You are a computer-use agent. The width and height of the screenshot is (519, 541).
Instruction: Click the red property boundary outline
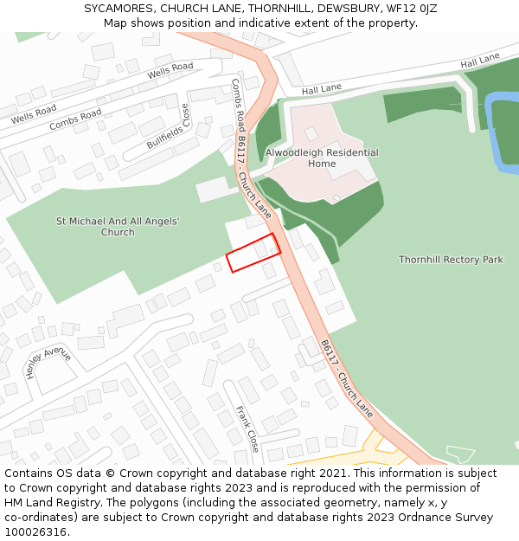click(x=253, y=252)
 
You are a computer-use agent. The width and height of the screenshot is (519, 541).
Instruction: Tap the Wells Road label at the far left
click(x=34, y=113)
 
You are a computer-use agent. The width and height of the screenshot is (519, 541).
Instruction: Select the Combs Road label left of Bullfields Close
click(x=75, y=119)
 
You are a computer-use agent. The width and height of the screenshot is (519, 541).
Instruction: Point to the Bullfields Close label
click(x=168, y=126)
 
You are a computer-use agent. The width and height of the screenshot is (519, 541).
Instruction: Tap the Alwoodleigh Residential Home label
click(x=322, y=158)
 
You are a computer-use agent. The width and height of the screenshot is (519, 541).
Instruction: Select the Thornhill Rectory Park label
click(x=451, y=260)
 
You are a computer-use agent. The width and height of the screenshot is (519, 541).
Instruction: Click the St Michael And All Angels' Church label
click(x=118, y=227)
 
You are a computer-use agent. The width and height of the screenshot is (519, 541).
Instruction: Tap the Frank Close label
click(x=247, y=430)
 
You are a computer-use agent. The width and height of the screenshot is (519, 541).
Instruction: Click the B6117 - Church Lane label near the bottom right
click(x=347, y=379)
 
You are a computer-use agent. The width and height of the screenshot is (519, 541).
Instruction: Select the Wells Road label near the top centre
click(x=170, y=71)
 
